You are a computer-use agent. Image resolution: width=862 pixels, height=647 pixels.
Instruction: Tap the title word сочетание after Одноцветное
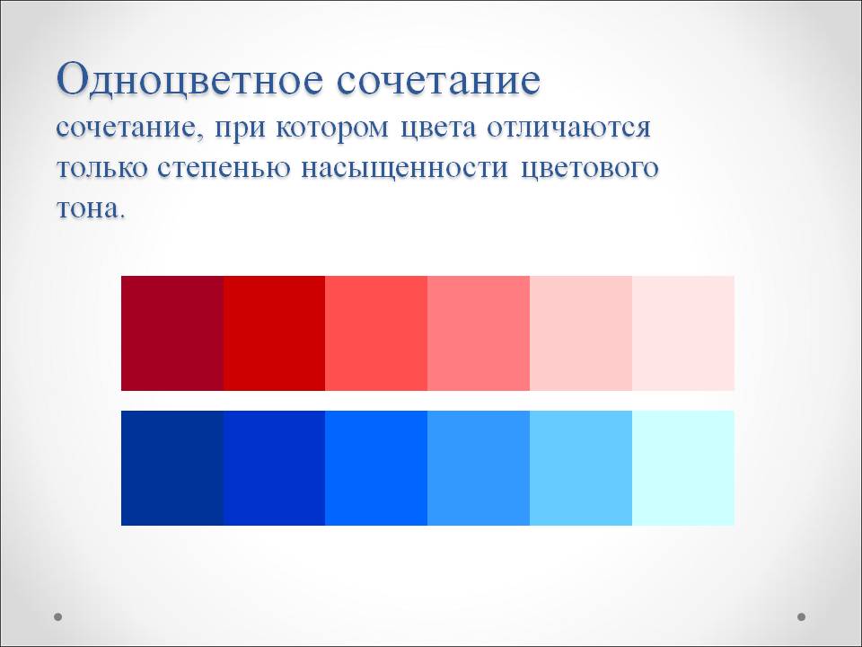coord(439,83)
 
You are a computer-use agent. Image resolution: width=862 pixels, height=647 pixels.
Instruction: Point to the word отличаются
coord(568,129)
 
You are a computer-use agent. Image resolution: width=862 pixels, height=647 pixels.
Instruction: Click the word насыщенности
coord(405,168)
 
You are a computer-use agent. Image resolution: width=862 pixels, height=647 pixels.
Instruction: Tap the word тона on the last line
coord(87,209)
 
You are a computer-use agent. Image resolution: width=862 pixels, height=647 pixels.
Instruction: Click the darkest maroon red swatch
coord(172,333)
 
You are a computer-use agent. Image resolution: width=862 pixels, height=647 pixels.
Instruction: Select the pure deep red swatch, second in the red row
coord(275,333)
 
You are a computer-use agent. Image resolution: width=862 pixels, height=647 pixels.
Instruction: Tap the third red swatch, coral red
coord(376,333)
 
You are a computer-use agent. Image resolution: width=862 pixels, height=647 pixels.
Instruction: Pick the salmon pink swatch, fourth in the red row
coord(479,333)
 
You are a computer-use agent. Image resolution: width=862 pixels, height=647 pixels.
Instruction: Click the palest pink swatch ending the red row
coord(683,333)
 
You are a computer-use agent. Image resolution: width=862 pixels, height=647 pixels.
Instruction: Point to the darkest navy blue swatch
coord(172,468)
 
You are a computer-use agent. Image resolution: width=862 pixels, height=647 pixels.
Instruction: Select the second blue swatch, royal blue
coord(275,468)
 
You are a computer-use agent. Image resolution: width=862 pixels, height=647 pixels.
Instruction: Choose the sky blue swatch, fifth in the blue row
coord(581,468)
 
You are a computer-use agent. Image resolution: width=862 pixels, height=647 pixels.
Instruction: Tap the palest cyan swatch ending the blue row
coord(683,468)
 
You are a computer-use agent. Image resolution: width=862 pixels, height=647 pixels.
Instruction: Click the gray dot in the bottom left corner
coord(57,616)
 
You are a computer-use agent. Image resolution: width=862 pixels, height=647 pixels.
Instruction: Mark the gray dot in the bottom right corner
coord(802,616)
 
